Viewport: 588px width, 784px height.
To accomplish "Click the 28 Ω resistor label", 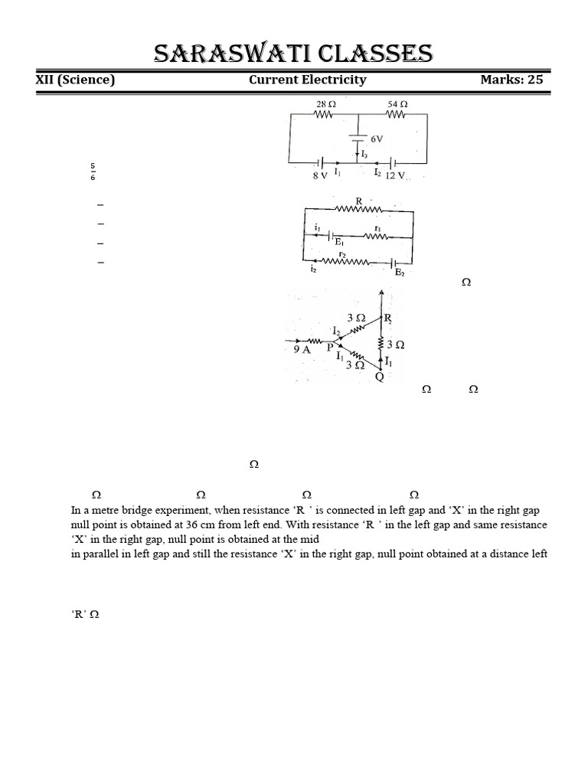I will pyautogui.click(x=325, y=103).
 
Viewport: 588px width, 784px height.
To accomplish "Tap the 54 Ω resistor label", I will pyautogui.click(x=397, y=103).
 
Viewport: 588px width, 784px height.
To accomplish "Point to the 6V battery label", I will pyautogui.click(x=377, y=140).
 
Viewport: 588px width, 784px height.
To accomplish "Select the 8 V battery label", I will pyautogui.click(x=319, y=175).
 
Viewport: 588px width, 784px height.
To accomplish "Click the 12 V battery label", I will pyautogui.click(x=398, y=175).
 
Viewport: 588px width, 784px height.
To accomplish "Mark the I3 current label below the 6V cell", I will pyautogui.click(x=364, y=155).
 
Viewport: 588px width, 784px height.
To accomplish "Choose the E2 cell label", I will pyautogui.click(x=399, y=272).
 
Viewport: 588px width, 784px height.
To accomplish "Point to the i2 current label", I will pyautogui.click(x=314, y=269).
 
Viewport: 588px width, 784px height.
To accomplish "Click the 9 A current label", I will pyautogui.click(x=302, y=349).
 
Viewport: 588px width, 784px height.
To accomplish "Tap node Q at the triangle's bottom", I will pyautogui.click(x=379, y=376).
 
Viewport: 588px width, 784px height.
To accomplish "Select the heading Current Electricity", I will pyautogui.click(x=307, y=80).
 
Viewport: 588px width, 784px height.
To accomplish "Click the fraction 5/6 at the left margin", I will pyautogui.click(x=93, y=171).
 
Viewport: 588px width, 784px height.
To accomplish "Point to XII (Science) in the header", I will pyautogui.click(x=75, y=80).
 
